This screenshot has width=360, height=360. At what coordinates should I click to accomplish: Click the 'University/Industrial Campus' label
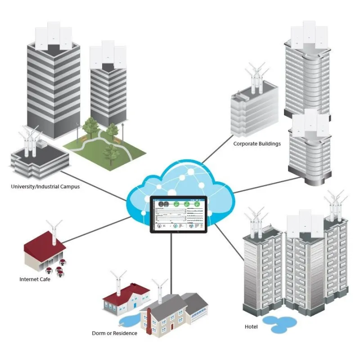pyautogui.click(x=45, y=186)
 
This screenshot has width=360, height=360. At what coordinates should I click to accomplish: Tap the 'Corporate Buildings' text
pyautogui.click(x=257, y=144)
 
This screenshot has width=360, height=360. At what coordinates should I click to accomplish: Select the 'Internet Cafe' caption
pyautogui.click(x=35, y=279)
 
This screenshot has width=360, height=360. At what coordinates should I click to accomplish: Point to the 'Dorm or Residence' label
pyautogui.click(x=115, y=333)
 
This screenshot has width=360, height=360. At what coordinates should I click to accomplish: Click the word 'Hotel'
pyautogui.click(x=251, y=326)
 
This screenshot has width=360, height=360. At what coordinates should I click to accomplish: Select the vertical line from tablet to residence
pyautogui.click(x=171, y=256)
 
